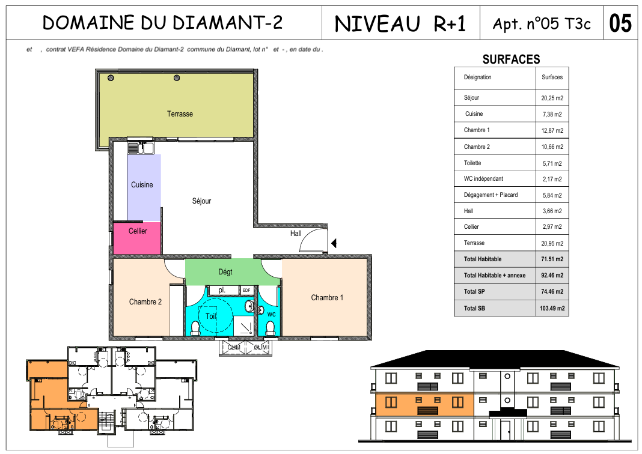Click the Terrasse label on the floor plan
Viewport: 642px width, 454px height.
click(180, 114)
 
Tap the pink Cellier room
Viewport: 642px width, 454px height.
click(136, 238)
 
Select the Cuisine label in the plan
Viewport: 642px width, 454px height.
click(142, 185)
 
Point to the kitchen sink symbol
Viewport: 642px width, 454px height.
click(141, 148)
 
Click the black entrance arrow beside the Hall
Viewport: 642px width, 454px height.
click(334, 243)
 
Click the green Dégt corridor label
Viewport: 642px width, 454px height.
click(225, 271)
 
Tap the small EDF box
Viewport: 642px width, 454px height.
click(246, 291)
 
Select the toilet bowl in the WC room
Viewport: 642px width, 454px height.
click(271, 328)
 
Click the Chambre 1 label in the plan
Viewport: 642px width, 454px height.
click(327, 298)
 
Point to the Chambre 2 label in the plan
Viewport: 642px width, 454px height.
click(145, 302)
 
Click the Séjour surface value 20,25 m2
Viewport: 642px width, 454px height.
click(552, 98)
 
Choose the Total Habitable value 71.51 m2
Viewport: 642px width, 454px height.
click(552, 259)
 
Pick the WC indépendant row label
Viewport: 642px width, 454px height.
click(483, 179)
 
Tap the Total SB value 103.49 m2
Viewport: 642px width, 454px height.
click(552, 309)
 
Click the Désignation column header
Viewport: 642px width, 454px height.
click(477, 77)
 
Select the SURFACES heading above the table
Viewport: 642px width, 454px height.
click(511, 59)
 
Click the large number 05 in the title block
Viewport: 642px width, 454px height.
click(620, 23)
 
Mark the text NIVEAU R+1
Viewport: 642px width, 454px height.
click(400, 24)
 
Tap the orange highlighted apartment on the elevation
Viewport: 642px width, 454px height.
click(424, 405)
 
